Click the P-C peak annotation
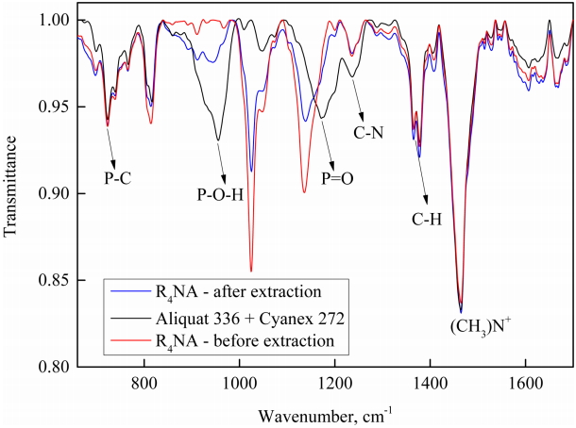click(118, 176)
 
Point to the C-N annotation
click(368, 132)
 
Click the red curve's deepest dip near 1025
click(251, 270)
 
